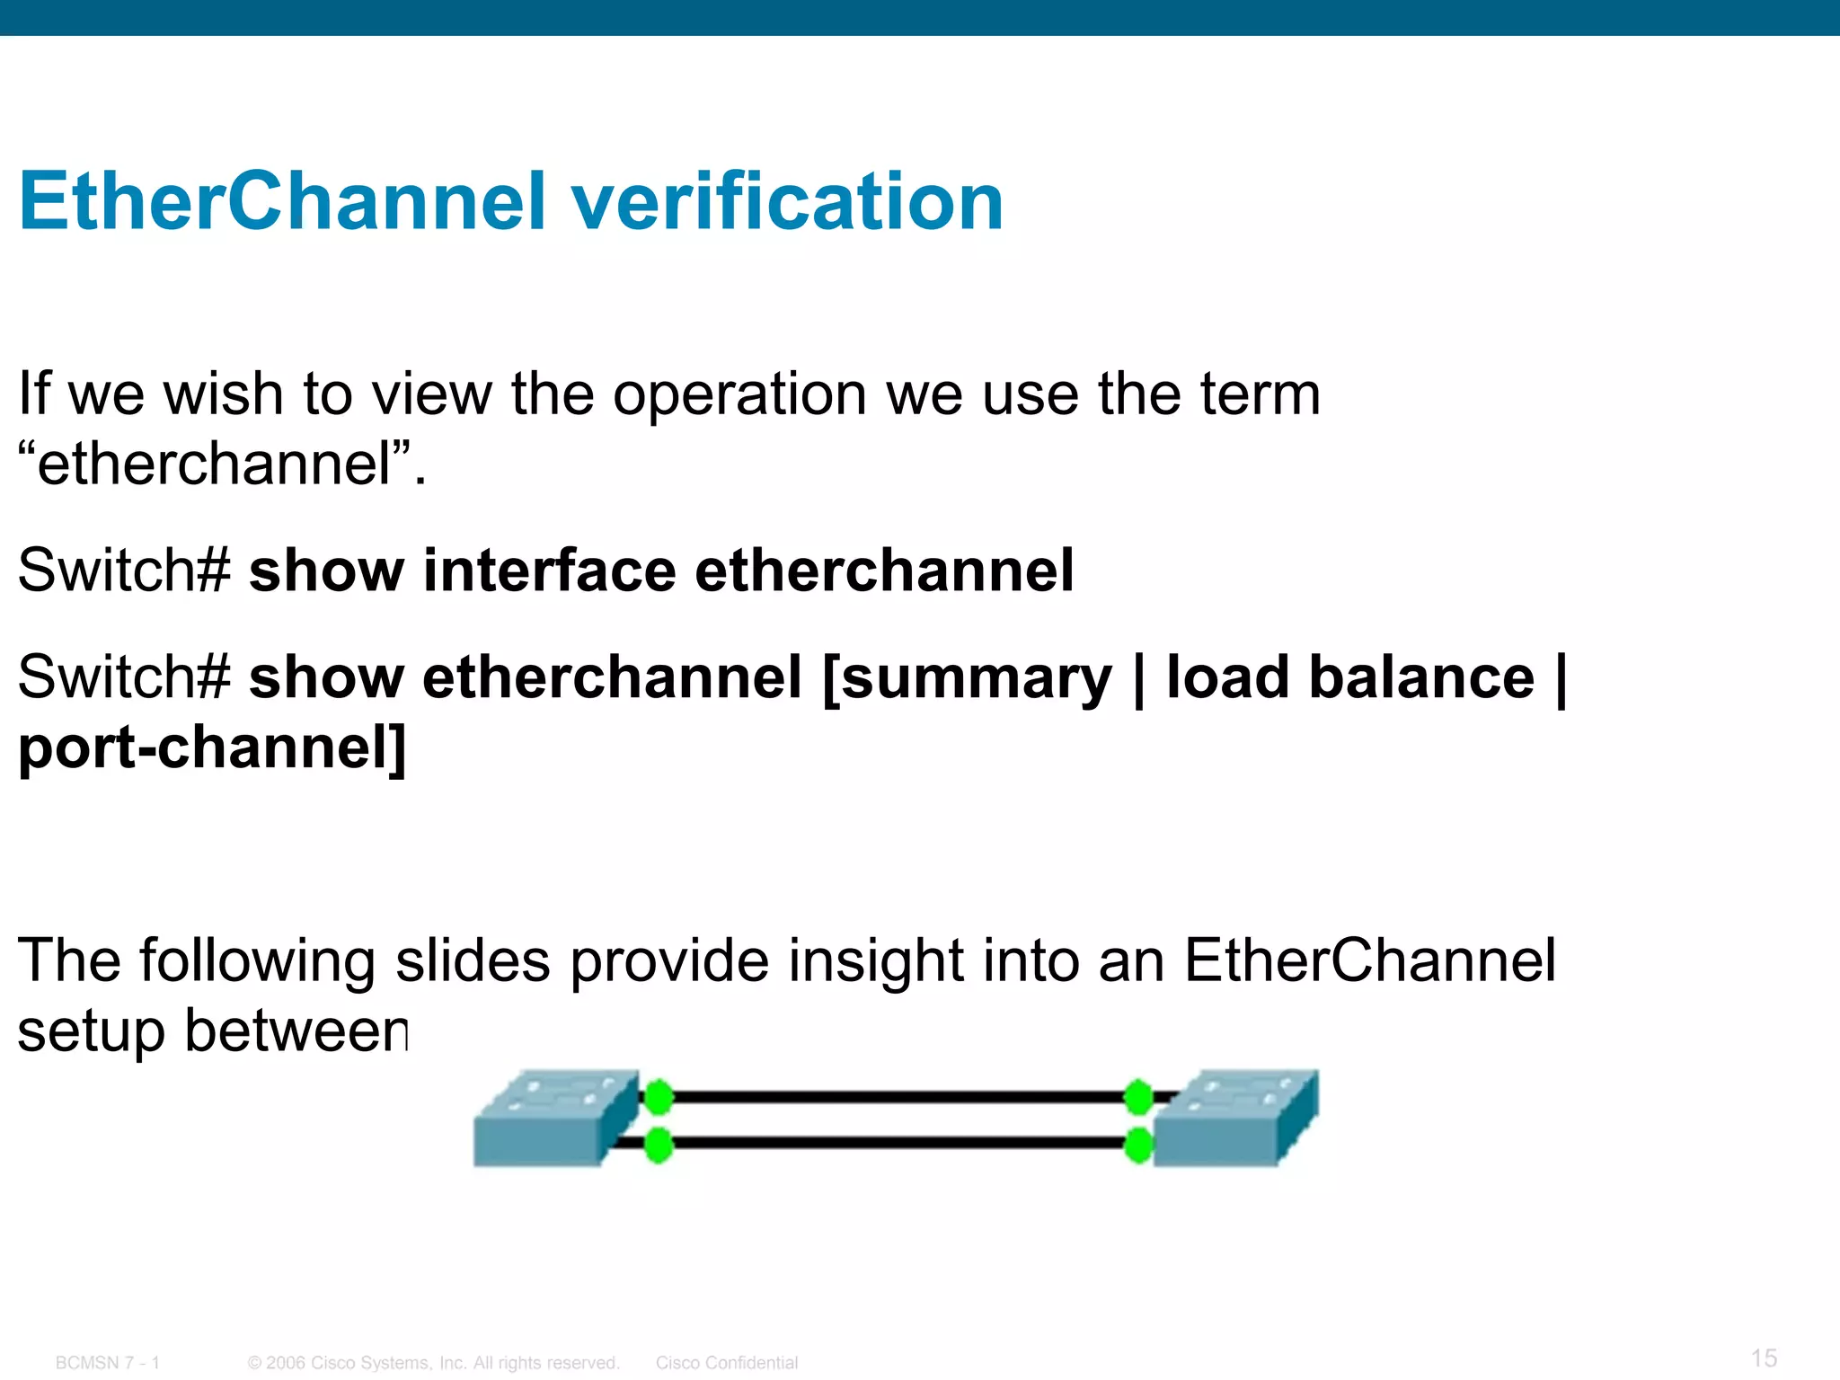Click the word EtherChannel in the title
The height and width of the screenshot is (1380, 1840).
282,201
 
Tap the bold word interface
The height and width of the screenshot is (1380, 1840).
549,571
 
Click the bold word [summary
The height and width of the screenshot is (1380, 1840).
967,677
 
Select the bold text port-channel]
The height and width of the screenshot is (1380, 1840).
212,747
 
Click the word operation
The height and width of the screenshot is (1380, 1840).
739,394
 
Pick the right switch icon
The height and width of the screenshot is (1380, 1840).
1236,1119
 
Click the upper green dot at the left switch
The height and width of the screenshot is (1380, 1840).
659,1097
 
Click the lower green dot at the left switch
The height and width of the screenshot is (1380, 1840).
659,1145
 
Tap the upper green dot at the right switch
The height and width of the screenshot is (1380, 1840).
1138,1097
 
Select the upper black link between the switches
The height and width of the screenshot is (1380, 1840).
898,1097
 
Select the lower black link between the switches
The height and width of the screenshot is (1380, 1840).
898,1144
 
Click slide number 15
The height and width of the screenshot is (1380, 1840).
1764,1358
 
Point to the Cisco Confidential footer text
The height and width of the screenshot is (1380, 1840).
726,1363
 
